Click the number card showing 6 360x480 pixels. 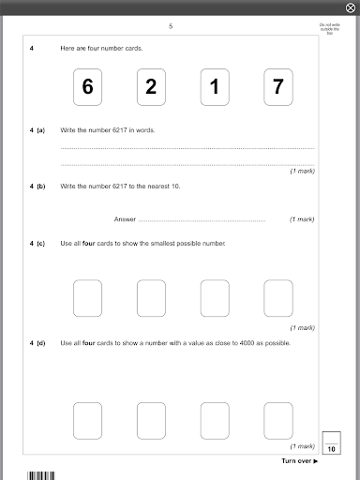point(87,87)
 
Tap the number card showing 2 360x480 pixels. point(151,87)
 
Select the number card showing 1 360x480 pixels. point(215,87)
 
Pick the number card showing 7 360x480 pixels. point(278,87)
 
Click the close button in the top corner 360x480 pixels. point(351,7)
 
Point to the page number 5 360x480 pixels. point(171,26)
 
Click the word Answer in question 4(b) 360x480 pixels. point(125,219)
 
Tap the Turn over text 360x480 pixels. point(300,461)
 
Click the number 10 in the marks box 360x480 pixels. point(331,449)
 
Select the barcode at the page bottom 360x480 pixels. point(41,475)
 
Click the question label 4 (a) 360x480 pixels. point(37,130)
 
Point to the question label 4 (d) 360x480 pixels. point(37,343)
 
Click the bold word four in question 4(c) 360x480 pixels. point(89,244)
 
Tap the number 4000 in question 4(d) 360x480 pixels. point(247,343)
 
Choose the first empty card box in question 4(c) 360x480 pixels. point(87,298)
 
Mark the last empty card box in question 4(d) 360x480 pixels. point(278,421)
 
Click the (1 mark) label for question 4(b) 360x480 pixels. point(302,219)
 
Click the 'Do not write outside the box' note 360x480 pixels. point(330,29)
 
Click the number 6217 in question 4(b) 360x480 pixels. point(120,187)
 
